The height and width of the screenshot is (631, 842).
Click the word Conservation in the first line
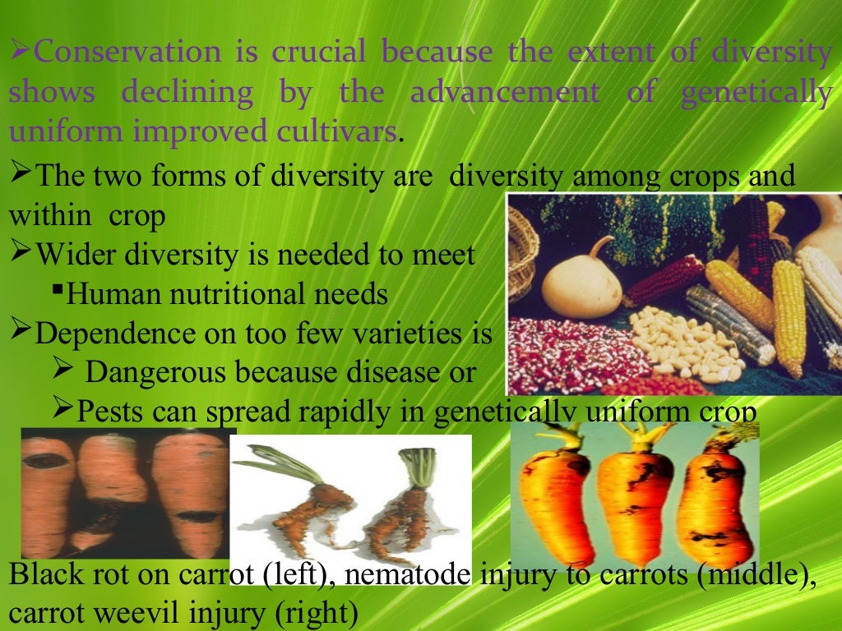tap(128, 53)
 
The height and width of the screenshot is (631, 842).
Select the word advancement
tap(505, 92)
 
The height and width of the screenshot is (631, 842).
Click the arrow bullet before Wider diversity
tap(21, 253)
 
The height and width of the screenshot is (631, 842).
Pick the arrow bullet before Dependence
tap(21, 332)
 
